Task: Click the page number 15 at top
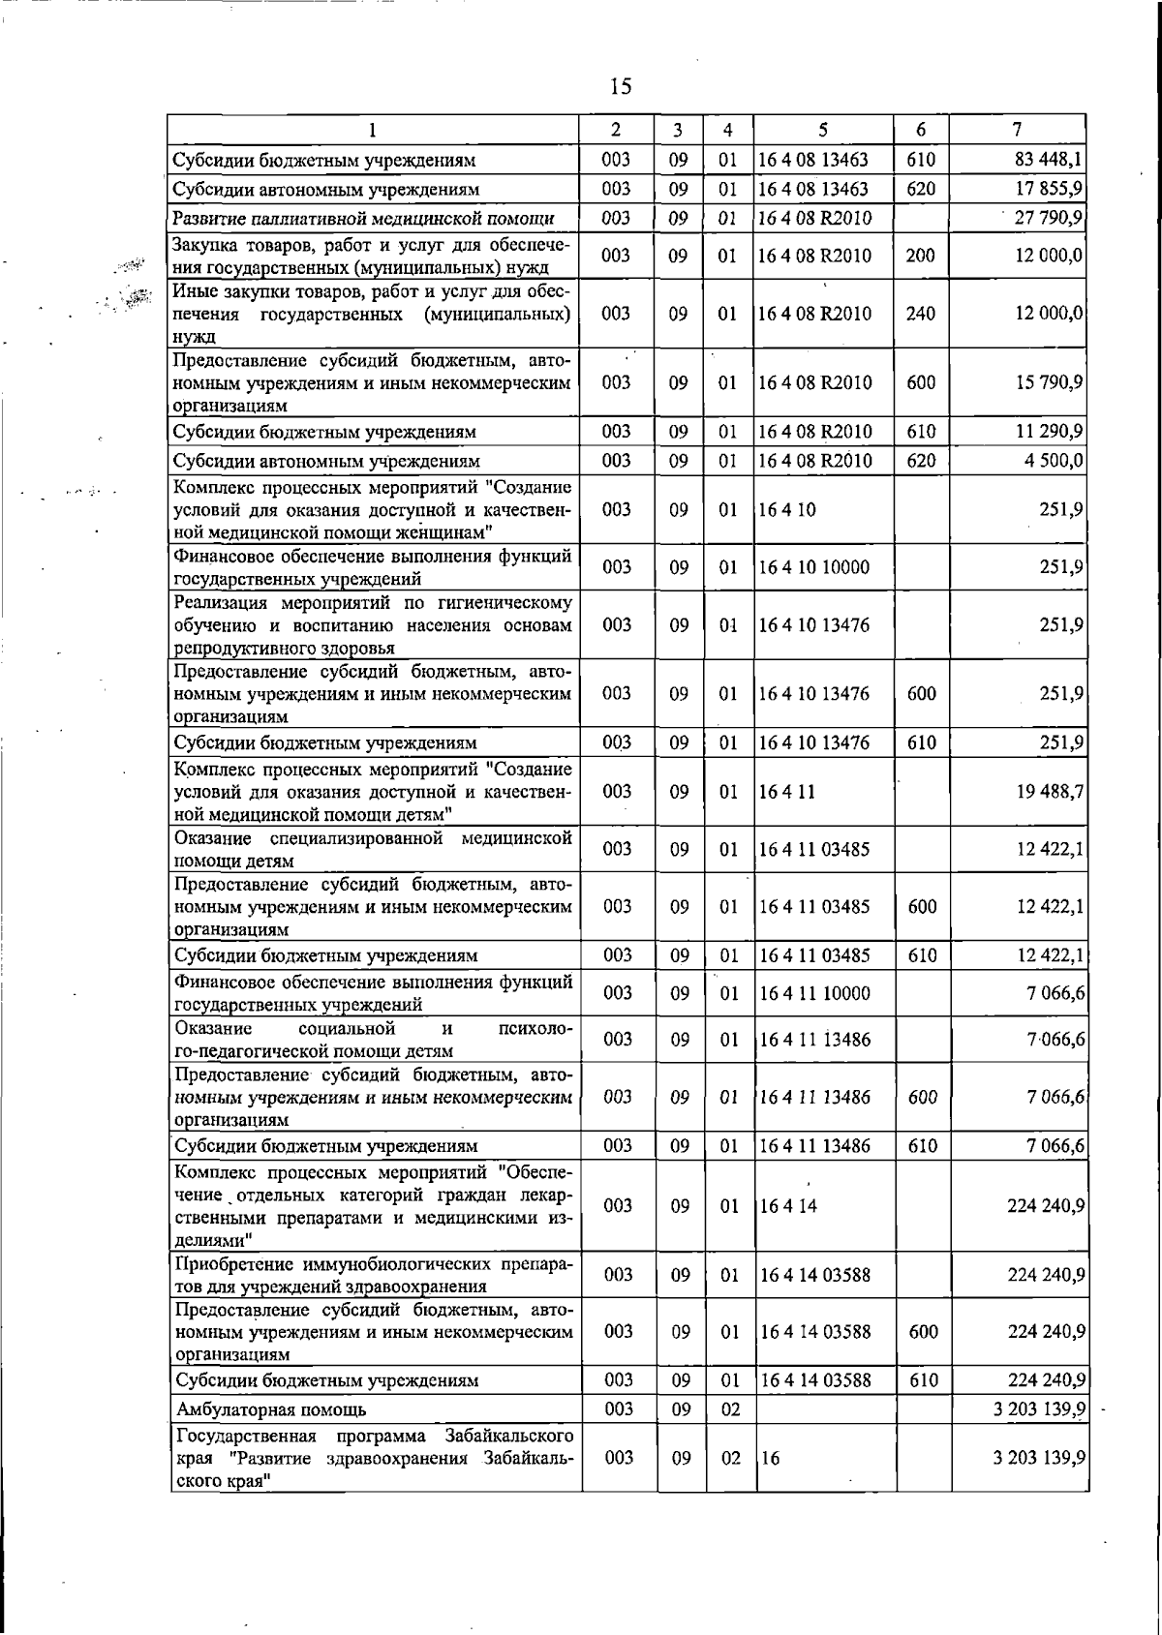[x=621, y=87]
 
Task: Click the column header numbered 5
[x=823, y=130]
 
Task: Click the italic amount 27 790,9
[x=1048, y=218]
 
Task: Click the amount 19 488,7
[x=1049, y=792]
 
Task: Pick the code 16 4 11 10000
[x=814, y=993]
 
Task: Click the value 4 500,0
[x=1054, y=461]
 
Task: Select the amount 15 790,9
[x=1049, y=382]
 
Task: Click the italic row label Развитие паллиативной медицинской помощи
[x=363, y=218]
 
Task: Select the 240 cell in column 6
[x=921, y=314]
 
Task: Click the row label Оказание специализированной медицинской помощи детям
[x=372, y=849]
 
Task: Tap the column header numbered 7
[x=1016, y=130]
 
